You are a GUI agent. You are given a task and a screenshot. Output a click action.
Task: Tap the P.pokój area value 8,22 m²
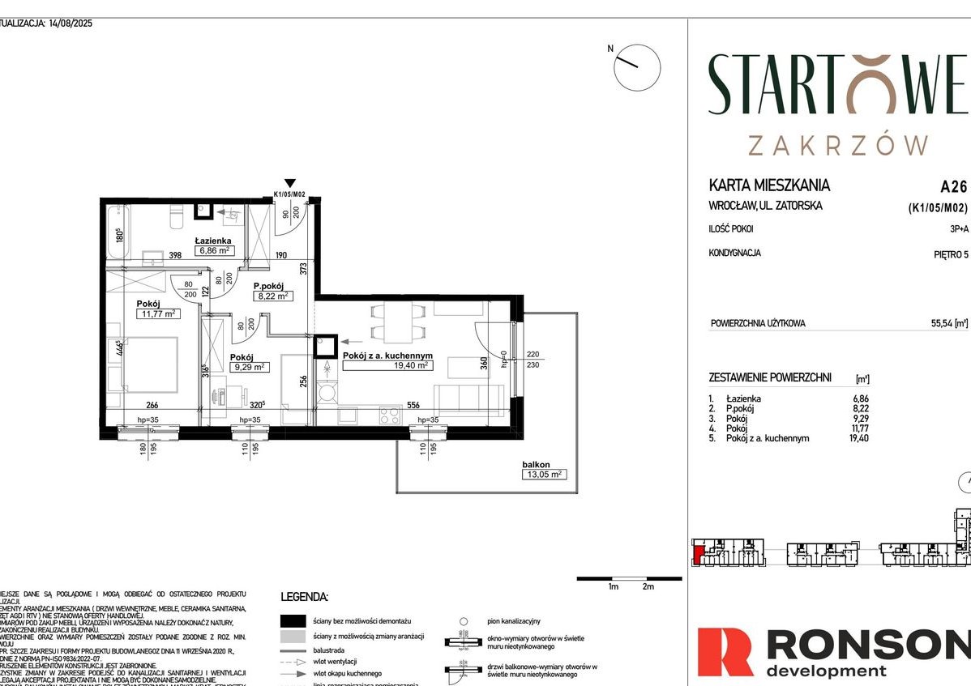pyautogui.click(x=272, y=296)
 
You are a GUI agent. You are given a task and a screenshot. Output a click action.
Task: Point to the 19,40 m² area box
pyautogui.click(x=387, y=365)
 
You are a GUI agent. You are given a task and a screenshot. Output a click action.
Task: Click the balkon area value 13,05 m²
pyautogui.click(x=543, y=475)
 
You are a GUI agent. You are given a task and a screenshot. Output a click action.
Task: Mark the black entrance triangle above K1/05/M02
pyautogui.click(x=290, y=184)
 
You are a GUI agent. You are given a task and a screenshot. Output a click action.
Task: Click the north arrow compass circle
pyautogui.click(x=637, y=67)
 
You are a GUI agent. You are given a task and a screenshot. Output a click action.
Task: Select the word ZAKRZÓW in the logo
pyautogui.click(x=838, y=145)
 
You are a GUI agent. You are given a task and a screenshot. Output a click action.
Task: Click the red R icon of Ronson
pyautogui.click(x=725, y=653)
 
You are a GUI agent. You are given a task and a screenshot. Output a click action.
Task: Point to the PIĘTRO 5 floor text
pyautogui.click(x=950, y=254)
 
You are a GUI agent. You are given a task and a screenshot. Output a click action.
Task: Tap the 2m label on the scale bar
pyautogui.click(x=647, y=586)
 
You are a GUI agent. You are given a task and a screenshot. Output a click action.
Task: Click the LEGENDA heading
pyautogui.click(x=304, y=597)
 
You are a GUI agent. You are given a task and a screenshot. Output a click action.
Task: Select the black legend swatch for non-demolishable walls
pyautogui.click(x=293, y=621)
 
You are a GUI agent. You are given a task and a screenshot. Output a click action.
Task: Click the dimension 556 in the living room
pyautogui.click(x=413, y=405)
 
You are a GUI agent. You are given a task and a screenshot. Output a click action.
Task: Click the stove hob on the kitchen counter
pyautogui.click(x=389, y=415)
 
